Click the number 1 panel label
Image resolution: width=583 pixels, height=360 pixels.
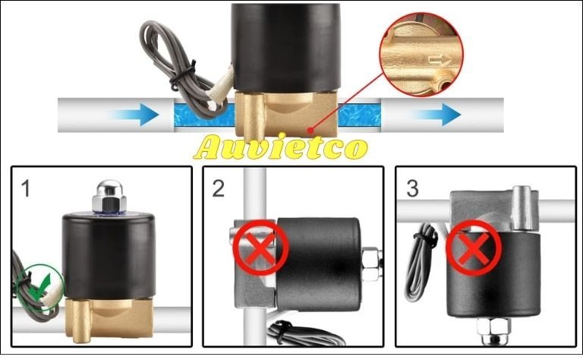(x=25, y=188)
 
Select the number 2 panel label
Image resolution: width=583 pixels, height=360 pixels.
(x=219, y=188)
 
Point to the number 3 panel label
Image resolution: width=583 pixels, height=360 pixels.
(x=413, y=188)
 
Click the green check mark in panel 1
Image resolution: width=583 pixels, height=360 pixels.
(x=41, y=287)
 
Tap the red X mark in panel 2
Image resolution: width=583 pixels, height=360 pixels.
(x=260, y=248)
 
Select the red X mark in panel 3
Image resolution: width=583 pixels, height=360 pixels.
(x=474, y=248)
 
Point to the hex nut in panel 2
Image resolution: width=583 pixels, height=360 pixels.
(x=371, y=264)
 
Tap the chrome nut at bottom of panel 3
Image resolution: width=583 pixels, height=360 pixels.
(x=493, y=330)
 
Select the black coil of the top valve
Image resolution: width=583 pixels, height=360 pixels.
(x=285, y=48)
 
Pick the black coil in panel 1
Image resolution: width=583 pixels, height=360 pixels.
(x=109, y=256)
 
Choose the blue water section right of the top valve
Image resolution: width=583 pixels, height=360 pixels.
(x=359, y=115)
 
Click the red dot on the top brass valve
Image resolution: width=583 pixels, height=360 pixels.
(x=310, y=130)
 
